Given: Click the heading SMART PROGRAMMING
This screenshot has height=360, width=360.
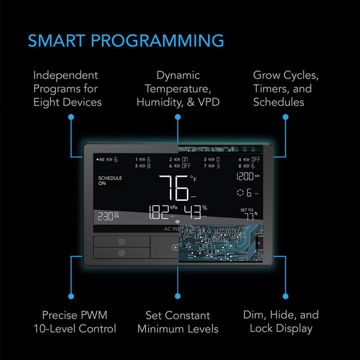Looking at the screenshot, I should (x=126, y=41).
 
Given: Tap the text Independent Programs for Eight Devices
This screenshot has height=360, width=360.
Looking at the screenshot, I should (x=67, y=89).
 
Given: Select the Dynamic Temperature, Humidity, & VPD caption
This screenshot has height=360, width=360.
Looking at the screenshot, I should (x=177, y=89).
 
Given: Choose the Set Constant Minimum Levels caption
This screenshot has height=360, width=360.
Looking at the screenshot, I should (x=177, y=322).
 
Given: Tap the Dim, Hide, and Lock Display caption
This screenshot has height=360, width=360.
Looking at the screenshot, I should (x=281, y=322).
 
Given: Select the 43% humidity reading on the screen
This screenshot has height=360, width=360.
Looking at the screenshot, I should (x=193, y=213).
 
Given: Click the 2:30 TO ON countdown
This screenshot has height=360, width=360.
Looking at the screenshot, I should (x=108, y=215).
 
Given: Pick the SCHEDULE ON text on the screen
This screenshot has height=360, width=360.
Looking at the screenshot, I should (x=110, y=181).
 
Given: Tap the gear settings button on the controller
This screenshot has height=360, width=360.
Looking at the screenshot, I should (x=122, y=253).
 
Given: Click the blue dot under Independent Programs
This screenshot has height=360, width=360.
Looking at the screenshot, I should (x=71, y=117).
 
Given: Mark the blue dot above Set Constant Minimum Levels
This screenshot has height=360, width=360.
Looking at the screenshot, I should (x=178, y=296).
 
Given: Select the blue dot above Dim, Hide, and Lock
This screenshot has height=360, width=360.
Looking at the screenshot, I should (x=285, y=296).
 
